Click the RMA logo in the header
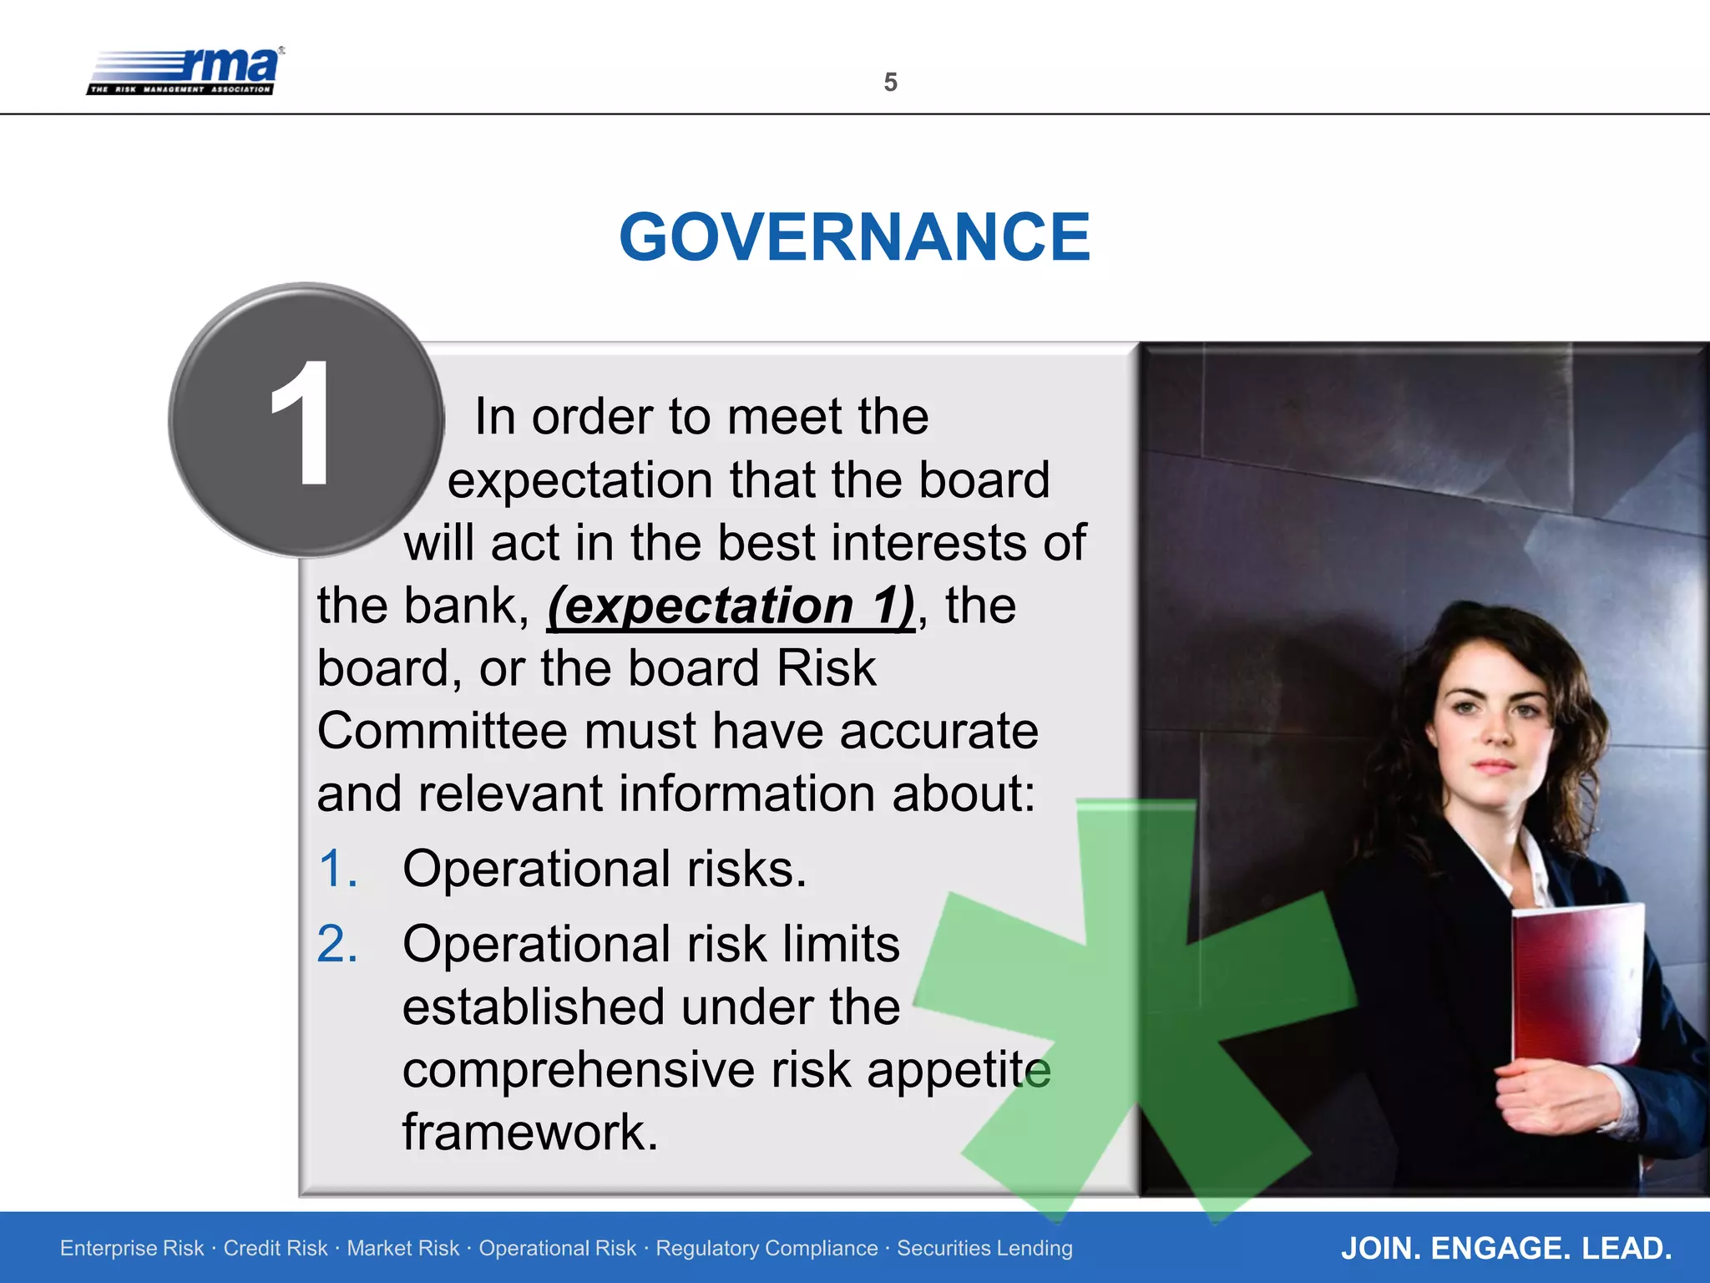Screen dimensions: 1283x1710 tap(185, 71)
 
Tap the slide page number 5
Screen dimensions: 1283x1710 tap(890, 83)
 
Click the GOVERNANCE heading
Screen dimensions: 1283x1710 tap(854, 237)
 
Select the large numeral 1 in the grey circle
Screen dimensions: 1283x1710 tap(301, 423)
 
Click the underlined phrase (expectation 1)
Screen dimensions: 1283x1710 tap(731, 606)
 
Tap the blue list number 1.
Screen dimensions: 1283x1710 tap(337, 869)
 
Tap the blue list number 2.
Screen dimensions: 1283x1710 tap(337, 945)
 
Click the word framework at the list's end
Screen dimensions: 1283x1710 tap(530, 1133)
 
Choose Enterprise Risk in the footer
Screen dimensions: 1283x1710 tap(132, 1248)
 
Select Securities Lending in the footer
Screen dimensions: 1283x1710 tap(984, 1248)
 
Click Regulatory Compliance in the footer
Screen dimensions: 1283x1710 tap(766, 1248)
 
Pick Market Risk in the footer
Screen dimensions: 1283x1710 tap(403, 1248)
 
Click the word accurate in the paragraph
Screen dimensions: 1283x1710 tap(938, 731)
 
